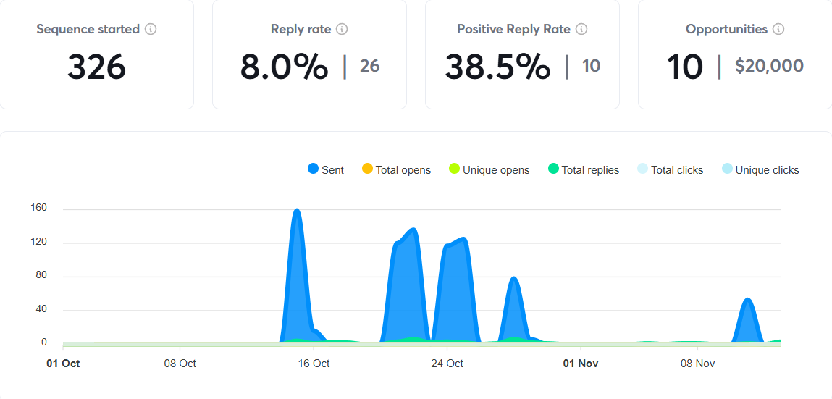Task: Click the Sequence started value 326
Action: [x=96, y=67]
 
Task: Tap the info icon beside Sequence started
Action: [x=151, y=30]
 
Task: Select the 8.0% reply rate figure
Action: [x=284, y=67]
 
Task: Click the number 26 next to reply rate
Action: [x=369, y=67]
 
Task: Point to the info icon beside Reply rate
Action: [x=342, y=30]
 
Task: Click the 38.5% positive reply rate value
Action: [x=497, y=67]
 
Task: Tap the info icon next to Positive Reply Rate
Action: [x=581, y=30]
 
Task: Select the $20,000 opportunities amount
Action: [x=769, y=67]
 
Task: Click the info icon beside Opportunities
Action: [x=778, y=30]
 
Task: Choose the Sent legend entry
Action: [x=326, y=170]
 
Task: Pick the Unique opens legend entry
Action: [x=489, y=170]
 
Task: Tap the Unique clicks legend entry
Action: [x=760, y=170]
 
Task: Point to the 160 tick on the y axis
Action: [x=38, y=209]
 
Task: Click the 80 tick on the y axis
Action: [x=41, y=276]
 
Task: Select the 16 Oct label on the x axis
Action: [x=314, y=364]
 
